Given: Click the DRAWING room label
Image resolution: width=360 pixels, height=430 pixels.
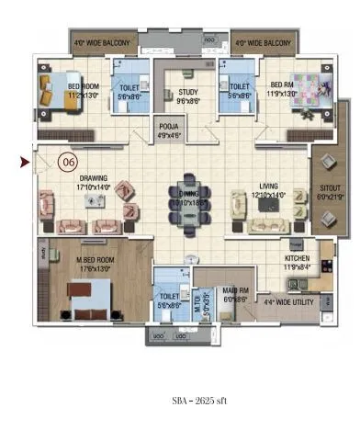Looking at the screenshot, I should (92, 182).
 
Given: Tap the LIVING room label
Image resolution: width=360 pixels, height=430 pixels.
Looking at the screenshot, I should (267, 189).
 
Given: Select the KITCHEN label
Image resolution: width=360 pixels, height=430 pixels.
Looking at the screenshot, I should (297, 263).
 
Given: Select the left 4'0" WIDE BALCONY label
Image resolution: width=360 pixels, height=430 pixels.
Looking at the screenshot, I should (104, 43).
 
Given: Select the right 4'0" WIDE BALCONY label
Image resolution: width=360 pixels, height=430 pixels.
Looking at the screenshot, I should (262, 43).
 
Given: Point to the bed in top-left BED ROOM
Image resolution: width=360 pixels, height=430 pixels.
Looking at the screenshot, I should (51, 90).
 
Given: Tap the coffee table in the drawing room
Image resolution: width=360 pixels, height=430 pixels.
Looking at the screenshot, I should (94, 202).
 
